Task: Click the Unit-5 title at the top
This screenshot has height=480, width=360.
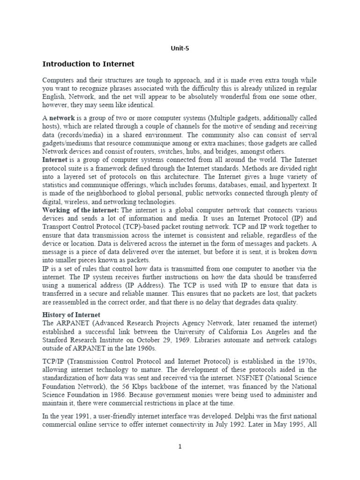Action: pos(180,47)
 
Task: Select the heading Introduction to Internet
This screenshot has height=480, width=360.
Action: pos(88,64)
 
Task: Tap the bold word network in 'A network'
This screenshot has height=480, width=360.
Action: pos(61,118)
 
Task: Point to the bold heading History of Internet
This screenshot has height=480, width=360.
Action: pos(71,314)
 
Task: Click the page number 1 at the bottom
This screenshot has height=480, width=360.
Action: pos(180,446)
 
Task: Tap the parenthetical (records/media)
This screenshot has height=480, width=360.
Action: pos(78,135)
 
